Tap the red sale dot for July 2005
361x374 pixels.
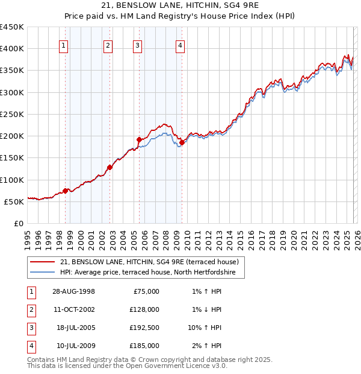[x=139, y=140]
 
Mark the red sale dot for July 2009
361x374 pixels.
[x=181, y=142]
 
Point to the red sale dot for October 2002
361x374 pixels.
[x=110, y=168]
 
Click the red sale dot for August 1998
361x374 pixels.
[x=66, y=191]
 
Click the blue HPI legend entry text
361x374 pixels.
[x=152, y=273]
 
